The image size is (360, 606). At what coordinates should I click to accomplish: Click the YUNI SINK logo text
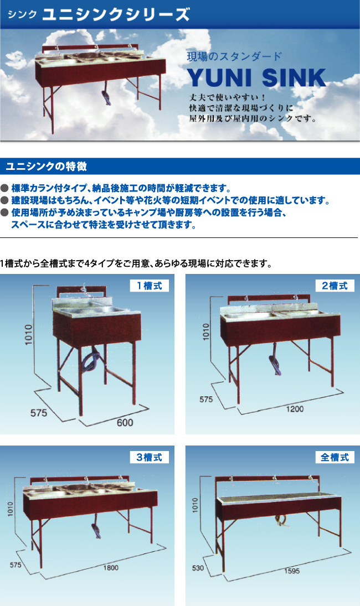[257, 77]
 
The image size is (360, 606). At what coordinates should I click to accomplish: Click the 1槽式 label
[149, 286]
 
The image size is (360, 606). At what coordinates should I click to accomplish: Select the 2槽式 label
[335, 286]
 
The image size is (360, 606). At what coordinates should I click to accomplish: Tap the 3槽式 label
[149, 457]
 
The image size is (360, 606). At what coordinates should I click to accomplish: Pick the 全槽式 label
[335, 457]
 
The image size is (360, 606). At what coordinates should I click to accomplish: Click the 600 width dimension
[125, 422]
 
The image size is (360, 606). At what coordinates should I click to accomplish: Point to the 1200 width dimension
[295, 409]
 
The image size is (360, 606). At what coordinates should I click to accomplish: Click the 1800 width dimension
[111, 568]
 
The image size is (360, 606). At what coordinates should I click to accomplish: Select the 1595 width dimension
[291, 571]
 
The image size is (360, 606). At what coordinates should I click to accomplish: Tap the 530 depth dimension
[198, 568]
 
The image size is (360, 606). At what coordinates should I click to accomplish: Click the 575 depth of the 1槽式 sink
[39, 413]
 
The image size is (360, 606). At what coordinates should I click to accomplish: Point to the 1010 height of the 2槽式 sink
[205, 332]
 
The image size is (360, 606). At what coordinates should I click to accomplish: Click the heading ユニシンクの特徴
[46, 167]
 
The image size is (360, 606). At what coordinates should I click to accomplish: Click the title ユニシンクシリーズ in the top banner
[116, 14]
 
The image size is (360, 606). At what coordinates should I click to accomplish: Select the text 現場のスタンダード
[234, 56]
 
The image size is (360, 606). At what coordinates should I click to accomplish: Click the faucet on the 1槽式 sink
[82, 291]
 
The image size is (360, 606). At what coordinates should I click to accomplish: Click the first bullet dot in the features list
[4, 188]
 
